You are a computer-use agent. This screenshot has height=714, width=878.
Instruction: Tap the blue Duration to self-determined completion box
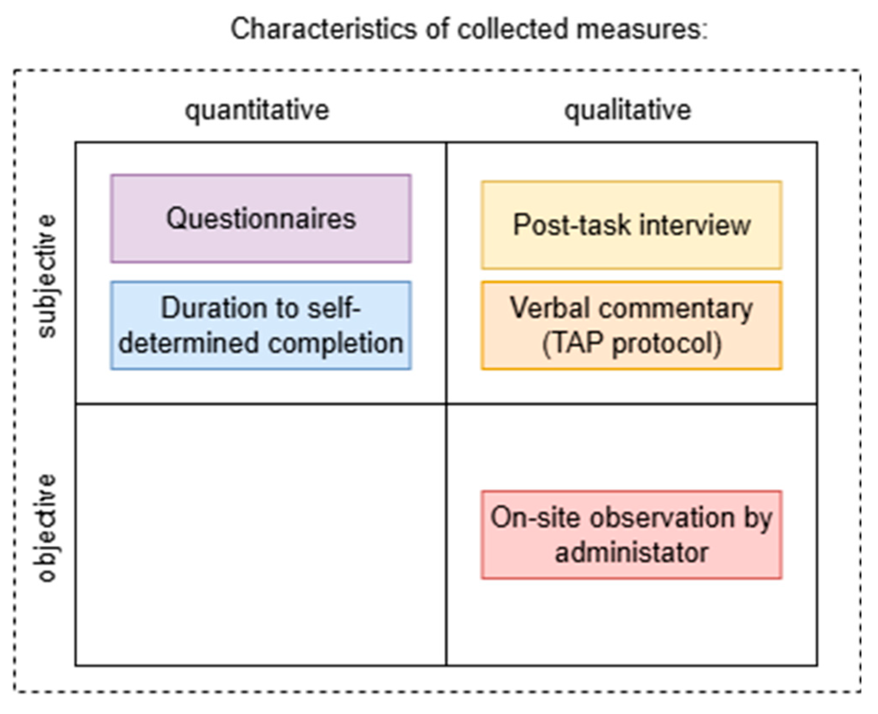(261, 325)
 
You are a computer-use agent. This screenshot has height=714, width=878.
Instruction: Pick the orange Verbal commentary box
(631, 325)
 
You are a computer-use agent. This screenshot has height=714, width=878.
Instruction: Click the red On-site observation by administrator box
(631, 534)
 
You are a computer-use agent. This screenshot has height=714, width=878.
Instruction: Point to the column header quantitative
(257, 110)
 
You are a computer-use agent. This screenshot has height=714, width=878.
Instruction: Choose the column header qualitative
(628, 110)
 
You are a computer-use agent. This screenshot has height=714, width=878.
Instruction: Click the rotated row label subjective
(47, 276)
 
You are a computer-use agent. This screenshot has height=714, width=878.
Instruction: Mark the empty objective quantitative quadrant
(261, 534)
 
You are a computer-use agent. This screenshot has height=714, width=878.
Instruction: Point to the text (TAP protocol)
(631, 343)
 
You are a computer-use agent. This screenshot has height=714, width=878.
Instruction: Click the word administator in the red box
(631, 553)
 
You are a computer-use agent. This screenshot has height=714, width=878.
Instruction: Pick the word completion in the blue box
(335, 343)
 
